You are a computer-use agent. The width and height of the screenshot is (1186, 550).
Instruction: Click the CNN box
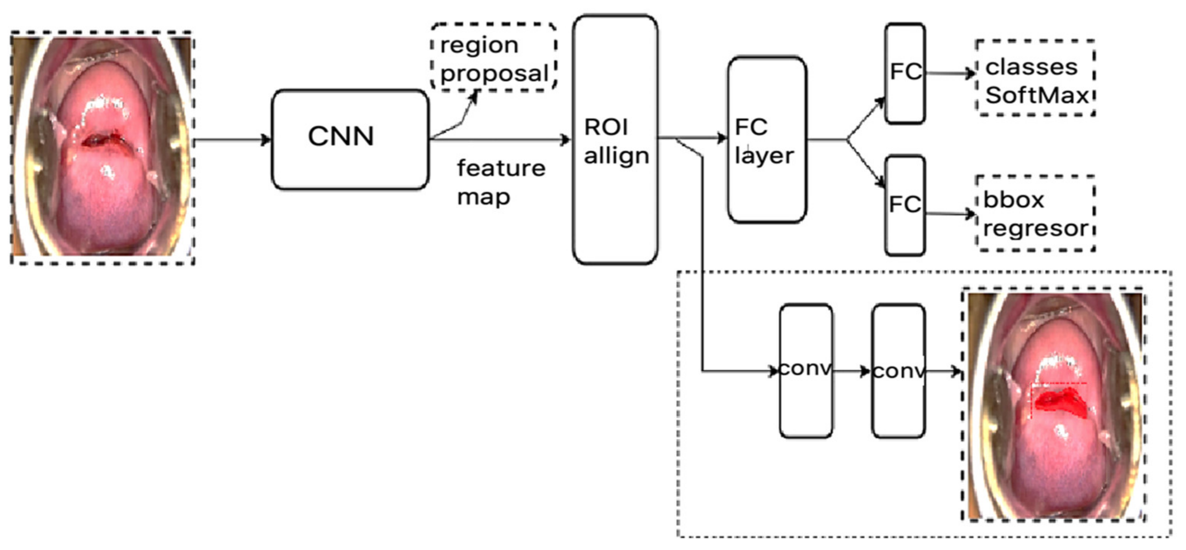350,139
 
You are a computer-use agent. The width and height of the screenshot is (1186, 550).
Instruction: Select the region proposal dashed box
493,57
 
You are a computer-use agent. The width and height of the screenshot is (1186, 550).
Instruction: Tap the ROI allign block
615,139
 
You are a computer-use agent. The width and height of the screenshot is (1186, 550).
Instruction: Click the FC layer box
766,139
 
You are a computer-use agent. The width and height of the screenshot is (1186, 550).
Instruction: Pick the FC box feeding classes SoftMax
905,74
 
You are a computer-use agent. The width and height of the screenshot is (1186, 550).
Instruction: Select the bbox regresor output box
1035,213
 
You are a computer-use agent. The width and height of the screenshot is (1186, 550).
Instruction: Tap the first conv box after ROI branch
806,370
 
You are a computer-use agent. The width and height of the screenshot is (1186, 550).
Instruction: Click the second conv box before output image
898,370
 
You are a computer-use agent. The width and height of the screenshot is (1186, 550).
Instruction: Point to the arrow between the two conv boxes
852,371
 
